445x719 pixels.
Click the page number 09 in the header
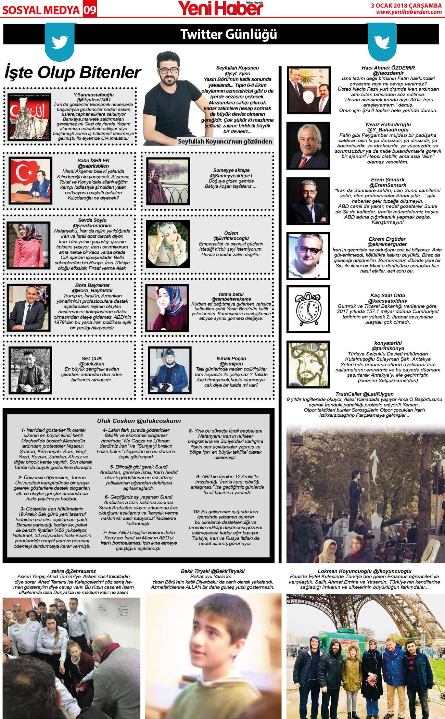pyautogui.click(x=89, y=10)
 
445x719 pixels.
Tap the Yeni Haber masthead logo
pyautogui.click(x=222, y=8)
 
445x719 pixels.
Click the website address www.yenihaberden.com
pyautogui.click(x=409, y=12)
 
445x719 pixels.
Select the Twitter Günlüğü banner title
pyautogui.click(x=228, y=34)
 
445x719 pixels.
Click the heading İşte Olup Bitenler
pyautogui.click(x=73, y=73)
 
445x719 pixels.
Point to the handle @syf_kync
pyautogui.click(x=237, y=74)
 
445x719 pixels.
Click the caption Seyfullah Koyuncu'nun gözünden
pyautogui.click(x=225, y=141)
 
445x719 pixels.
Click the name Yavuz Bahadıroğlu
pyautogui.click(x=388, y=124)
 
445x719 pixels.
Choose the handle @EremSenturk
pyautogui.click(x=387, y=185)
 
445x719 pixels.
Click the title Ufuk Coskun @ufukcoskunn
pyautogui.click(x=139, y=421)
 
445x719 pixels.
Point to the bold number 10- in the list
pyautogui.click(x=196, y=512)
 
